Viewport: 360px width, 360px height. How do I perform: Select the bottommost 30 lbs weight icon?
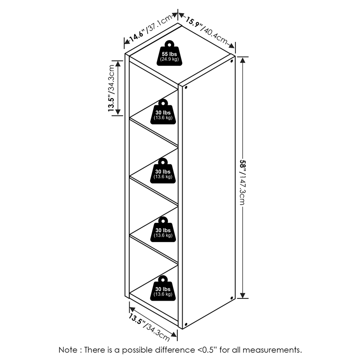click(x=162, y=288)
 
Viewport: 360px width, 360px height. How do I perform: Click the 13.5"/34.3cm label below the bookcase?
click(x=150, y=327)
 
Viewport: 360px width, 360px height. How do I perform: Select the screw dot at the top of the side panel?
click(x=231, y=59)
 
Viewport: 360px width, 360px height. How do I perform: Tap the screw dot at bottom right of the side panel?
click(x=231, y=297)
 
